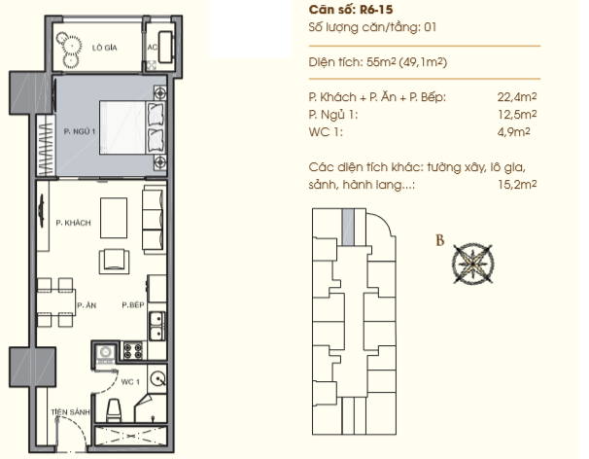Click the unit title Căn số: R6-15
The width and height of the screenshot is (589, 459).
(x=351, y=10)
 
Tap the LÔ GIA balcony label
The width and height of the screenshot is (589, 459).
(x=104, y=48)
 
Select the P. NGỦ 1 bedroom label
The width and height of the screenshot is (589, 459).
(x=80, y=131)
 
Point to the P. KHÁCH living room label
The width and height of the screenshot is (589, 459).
(x=73, y=223)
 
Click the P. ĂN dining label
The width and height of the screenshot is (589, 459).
(x=87, y=305)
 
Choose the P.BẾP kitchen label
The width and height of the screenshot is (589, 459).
(x=133, y=305)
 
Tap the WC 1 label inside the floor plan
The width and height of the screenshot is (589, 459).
(x=130, y=382)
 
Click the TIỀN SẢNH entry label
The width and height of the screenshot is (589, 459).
(x=71, y=412)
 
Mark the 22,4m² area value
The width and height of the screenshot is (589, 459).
(x=517, y=97)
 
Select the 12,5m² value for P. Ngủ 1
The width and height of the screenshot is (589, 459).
(x=517, y=115)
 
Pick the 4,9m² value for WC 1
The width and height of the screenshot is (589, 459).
(x=513, y=132)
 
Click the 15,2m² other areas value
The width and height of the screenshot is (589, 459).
(x=517, y=184)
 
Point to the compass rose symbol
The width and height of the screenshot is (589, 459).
(x=472, y=264)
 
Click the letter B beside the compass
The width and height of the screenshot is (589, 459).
(x=440, y=240)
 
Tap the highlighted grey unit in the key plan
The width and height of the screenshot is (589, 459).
(x=348, y=228)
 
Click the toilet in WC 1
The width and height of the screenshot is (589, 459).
(x=114, y=410)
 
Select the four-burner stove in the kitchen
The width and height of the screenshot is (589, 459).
(x=133, y=351)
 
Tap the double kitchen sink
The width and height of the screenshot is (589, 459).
(x=156, y=326)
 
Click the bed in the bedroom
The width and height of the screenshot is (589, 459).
(x=132, y=127)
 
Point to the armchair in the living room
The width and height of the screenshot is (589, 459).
(x=114, y=261)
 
